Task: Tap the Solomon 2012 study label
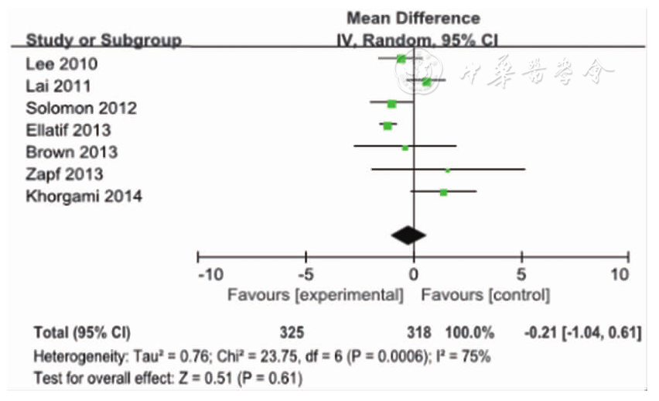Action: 82,108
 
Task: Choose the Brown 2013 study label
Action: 71,152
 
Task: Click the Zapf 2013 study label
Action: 64,174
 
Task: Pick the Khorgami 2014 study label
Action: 84,197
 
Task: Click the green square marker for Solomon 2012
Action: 392,104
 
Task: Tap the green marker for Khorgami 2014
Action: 443,191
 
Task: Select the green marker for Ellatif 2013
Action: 388,125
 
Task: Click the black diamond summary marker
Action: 408,233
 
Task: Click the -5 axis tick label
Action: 306,274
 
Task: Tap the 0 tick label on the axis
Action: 415,274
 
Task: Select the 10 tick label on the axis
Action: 620,274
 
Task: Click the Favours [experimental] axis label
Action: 315,295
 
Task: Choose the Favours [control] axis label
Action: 485,295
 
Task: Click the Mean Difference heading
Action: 413,18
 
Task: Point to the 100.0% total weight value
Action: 469,333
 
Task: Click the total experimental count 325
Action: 292,333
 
